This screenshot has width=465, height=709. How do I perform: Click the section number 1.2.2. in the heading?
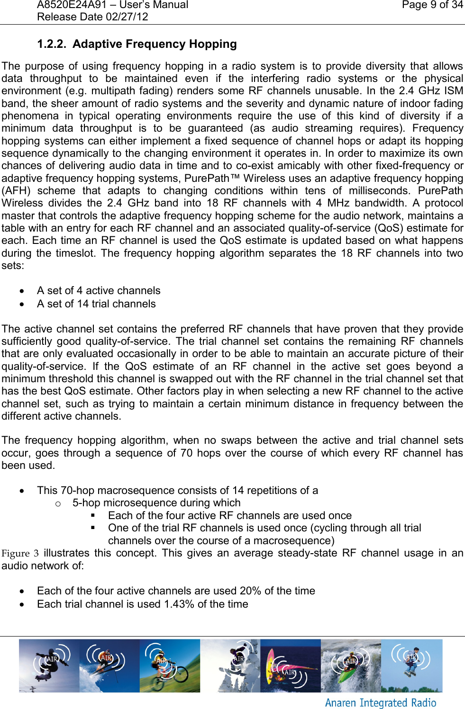pyautogui.click(x=52, y=44)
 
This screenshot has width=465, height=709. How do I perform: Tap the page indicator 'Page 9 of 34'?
pyautogui.click(x=432, y=5)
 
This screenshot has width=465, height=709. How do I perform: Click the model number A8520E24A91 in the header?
pyautogui.click(x=70, y=5)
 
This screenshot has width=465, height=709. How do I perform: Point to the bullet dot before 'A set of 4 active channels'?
pyautogui.click(x=22, y=291)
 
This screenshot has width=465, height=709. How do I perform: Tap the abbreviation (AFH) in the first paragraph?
pyautogui.click(x=16, y=191)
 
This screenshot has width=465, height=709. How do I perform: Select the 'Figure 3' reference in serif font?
pyautogui.click(x=20, y=553)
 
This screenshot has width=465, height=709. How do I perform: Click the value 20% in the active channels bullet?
pyautogui.click(x=250, y=591)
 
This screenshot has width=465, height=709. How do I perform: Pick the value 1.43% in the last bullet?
pyautogui.click(x=179, y=604)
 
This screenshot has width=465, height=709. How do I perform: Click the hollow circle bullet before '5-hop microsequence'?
pyautogui.click(x=58, y=503)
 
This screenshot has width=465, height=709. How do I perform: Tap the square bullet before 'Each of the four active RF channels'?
pyautogui.click(x=93, y=516)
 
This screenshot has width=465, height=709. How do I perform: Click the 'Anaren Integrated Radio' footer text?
pyautogui.click(x=380, y=703)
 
